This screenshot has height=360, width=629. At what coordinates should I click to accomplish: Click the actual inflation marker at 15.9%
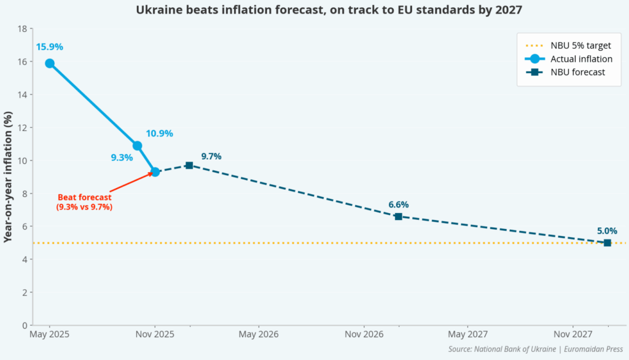(50, 63)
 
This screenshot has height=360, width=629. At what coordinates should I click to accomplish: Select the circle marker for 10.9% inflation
(138, 146)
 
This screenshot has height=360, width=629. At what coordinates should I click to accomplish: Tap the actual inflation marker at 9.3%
(155, 172)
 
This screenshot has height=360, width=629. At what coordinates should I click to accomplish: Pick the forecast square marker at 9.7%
(189, 165)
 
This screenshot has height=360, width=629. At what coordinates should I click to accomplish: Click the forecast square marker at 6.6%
(398, 216)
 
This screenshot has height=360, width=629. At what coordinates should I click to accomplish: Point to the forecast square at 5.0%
(607, 243)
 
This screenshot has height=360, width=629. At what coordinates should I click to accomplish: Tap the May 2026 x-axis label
(259, 335)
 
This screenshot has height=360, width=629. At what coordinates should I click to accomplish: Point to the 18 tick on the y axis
(23, 29)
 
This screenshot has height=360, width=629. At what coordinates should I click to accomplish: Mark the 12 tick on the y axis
(23, 128)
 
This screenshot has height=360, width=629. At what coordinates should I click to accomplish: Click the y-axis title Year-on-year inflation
(8, 177)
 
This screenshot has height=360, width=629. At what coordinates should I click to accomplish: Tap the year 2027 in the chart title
(509, 10)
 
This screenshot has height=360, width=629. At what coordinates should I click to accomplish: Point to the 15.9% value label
(49, 47)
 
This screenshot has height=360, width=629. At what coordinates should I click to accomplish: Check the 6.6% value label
(398, 205)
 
